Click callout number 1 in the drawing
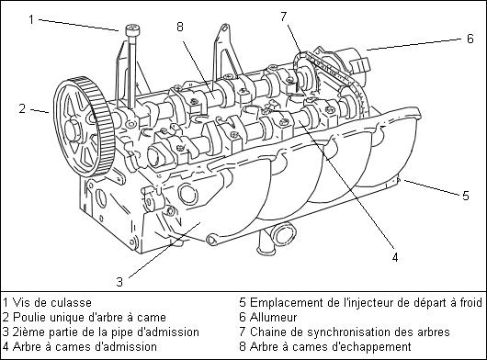31,19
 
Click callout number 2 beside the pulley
22,108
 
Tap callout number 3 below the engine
119,282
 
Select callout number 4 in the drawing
395,257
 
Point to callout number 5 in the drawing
465,196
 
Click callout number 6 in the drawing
470,39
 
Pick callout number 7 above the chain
284,17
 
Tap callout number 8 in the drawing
180,27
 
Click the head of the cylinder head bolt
133,30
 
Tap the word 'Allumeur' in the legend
273,317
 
